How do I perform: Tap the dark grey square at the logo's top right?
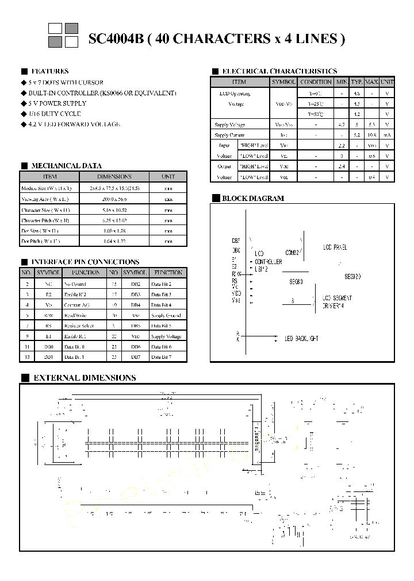[71, 28]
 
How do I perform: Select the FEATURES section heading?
[50, 71]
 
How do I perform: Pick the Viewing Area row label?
[45, 199]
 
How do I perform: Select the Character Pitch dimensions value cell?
[114, 220]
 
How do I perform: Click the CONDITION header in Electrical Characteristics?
[316, 82]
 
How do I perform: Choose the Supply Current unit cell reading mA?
[387, 135]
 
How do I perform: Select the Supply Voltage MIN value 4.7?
[342, 125]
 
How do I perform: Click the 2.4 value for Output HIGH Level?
[342, 166]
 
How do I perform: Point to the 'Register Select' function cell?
[79, 326]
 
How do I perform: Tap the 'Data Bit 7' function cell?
[162, 357]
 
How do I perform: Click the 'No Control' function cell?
[75, 284]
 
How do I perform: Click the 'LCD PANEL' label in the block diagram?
[335, 247]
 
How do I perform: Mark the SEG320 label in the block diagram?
[352, 276]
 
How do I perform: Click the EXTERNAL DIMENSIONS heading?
[85, 378]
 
